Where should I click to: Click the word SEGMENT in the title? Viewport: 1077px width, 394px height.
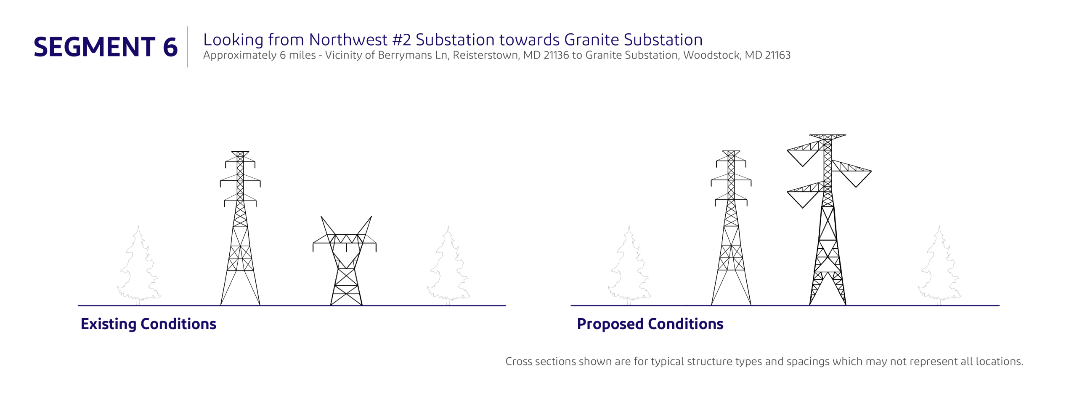click(94, 47)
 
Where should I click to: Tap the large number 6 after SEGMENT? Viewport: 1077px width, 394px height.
click(170, 47)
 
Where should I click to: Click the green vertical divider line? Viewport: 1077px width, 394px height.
click(187, 47)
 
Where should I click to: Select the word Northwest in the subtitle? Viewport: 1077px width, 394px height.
click(348, 40)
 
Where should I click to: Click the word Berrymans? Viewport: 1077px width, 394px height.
click(399, 55)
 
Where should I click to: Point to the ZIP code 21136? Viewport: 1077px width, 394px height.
click(556, 55)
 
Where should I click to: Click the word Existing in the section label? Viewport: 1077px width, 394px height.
click(109, 324)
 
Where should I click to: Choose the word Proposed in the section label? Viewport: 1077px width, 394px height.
click(610, 324)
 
